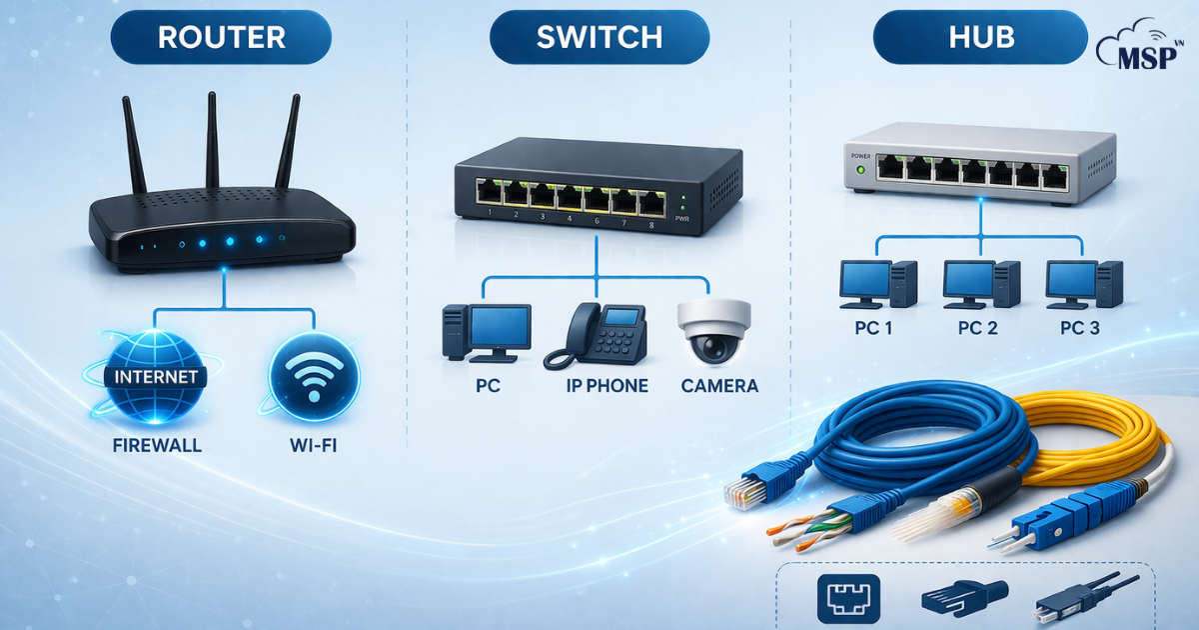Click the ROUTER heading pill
[221, 38]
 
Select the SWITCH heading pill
[599, 38]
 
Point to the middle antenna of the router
[212, 140]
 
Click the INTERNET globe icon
[156, 378]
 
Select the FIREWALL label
[157, 445]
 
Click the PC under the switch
[487, 333]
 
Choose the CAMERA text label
[719, 386]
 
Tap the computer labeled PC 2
[980, 283]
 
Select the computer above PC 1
[876, 283]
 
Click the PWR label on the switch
[682, 217]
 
